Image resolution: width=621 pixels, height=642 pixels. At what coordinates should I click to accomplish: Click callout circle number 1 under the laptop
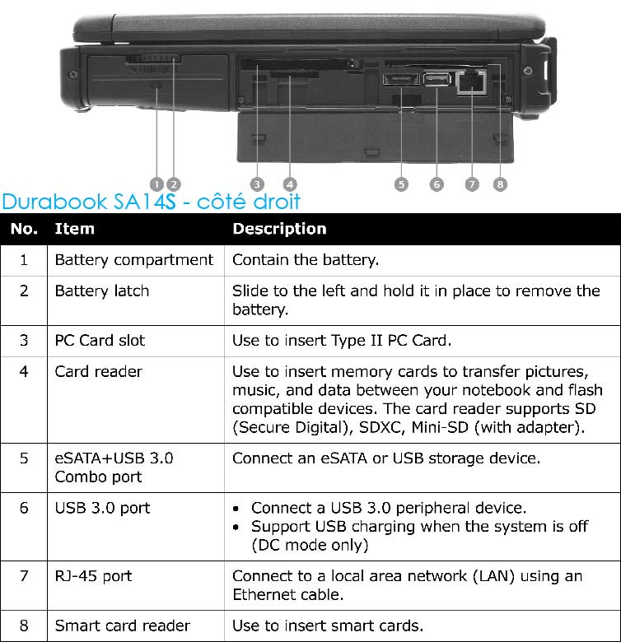[x=156, y=184]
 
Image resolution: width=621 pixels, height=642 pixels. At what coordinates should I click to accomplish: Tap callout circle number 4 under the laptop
[x=289, y=184]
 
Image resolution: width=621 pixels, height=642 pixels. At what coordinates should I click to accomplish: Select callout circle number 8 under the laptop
[x=500, y=184]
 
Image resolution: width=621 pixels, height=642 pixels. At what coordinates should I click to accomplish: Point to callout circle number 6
[x=436, y=184]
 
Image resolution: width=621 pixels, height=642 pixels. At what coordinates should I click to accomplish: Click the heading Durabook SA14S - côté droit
[x=152, y=201]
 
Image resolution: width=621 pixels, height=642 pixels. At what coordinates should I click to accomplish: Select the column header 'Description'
[x=279, y=229]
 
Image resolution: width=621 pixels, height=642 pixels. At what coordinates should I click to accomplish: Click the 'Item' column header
[x=74, y=229]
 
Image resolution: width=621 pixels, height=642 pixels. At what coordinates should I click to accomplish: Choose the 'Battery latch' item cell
[x=101, y=291]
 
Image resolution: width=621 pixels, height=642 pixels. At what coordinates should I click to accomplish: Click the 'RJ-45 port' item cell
[x=93, y=575]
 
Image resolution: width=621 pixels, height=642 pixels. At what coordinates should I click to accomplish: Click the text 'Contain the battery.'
[x=306, y=260]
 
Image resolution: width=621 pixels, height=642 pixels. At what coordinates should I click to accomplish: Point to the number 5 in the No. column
[x=24, y=458]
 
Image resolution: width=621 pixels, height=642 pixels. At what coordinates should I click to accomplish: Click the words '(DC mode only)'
[x=310, y=545]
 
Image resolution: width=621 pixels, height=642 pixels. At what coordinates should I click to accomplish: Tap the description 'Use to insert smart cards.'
[x=328, y=626]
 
